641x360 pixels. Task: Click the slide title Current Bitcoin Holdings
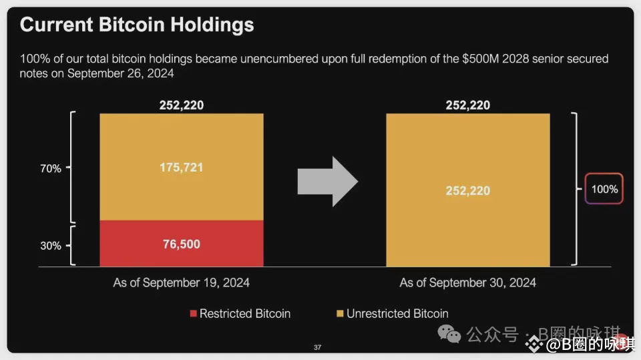137,25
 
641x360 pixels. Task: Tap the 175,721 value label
181,168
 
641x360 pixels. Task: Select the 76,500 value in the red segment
181,244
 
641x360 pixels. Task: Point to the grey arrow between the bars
327,182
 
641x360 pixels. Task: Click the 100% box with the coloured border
604,189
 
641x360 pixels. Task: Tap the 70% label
51,168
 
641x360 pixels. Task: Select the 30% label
51,245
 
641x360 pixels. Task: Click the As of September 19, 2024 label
181,283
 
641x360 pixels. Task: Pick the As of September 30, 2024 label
467,283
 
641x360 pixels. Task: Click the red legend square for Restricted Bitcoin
194,313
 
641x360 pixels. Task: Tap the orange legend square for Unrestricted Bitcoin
341,313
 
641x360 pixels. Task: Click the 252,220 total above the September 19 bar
181,105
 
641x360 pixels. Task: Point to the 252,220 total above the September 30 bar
467,105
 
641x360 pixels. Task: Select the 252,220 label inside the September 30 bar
467,190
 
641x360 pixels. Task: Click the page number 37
317,347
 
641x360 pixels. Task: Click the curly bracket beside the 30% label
73,245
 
